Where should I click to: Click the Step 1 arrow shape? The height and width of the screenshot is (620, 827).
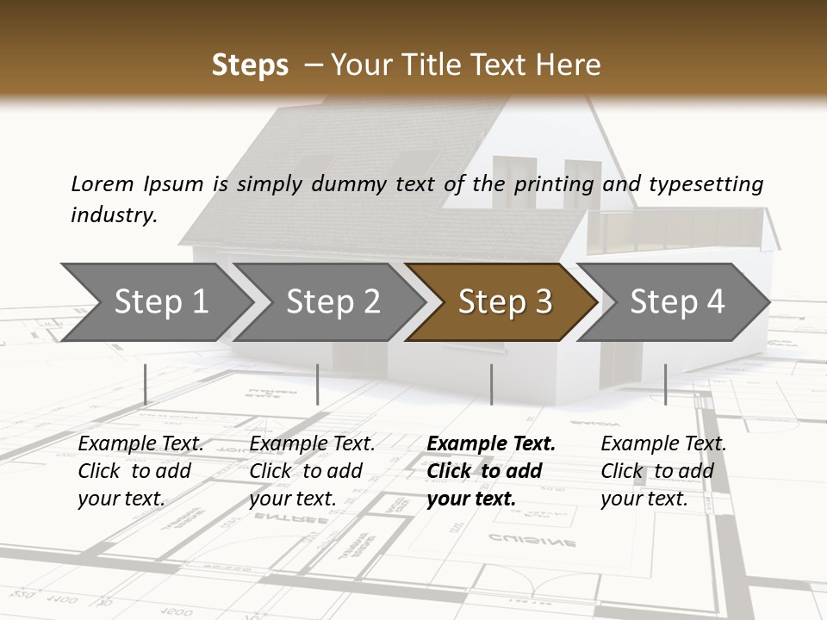click(155, 302)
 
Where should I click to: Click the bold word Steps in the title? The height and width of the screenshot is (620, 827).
click(250, 65)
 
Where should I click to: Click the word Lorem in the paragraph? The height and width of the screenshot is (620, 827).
click(102, 184)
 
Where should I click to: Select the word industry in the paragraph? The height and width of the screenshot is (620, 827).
click(113, 214)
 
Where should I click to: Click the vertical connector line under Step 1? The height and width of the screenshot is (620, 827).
click(145, 384)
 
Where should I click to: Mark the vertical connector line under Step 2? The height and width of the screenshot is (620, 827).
click(318, 384)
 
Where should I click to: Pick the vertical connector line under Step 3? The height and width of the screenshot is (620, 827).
click(491, 384)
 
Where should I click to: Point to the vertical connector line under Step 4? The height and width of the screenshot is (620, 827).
click(665, 384)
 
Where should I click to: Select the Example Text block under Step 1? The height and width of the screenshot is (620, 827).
click(140, 471)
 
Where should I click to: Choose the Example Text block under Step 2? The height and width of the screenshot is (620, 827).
click(312, 471)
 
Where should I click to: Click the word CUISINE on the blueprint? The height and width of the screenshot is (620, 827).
click(532, 541)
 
